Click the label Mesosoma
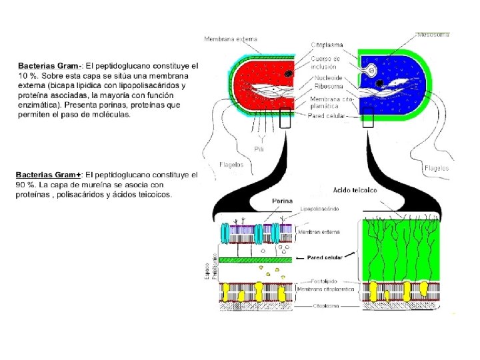(x=433, y=33)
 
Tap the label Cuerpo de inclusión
(x=325, y=63)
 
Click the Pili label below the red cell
(x=259, y=149)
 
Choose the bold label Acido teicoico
(x=355, y=190)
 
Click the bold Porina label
(x=283, y=201)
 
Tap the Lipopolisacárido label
(x=319, y=209)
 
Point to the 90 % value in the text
(x=25, y=185)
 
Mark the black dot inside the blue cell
(x=379, y=83)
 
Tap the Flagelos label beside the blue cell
(x=436, y=169)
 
